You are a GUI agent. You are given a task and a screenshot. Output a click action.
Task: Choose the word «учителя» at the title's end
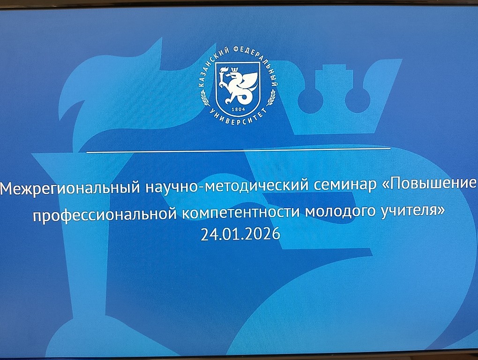(414, 211)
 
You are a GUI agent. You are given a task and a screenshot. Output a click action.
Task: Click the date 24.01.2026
(240, 234)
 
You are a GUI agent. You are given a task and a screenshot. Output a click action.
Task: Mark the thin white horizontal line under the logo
(238, 150)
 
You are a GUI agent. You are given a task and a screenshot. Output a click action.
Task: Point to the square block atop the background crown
(333, 75)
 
